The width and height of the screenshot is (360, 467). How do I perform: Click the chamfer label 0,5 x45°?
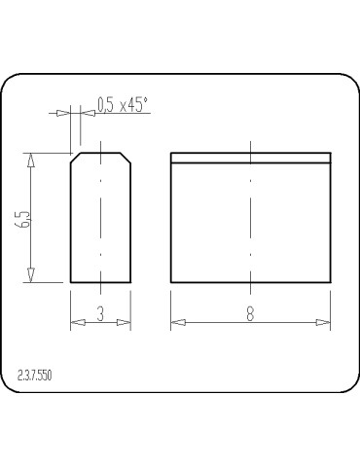pos(123,105)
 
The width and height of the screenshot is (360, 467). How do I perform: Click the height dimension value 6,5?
pos(24,220)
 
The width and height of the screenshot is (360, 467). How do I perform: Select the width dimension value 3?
pos(100,313)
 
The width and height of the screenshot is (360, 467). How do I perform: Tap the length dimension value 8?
pos(250,313)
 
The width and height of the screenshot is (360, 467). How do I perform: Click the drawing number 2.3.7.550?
pos(35,376)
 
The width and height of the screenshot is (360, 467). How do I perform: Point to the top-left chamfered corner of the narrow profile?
pos(76,158)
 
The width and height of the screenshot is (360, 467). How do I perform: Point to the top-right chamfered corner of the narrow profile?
pos(126,158)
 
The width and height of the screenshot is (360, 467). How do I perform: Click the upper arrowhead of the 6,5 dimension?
pos(31,161)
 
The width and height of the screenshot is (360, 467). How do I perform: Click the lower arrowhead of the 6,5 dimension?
pos(31,275)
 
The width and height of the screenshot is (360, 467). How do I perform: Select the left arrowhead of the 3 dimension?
pos(78,322)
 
